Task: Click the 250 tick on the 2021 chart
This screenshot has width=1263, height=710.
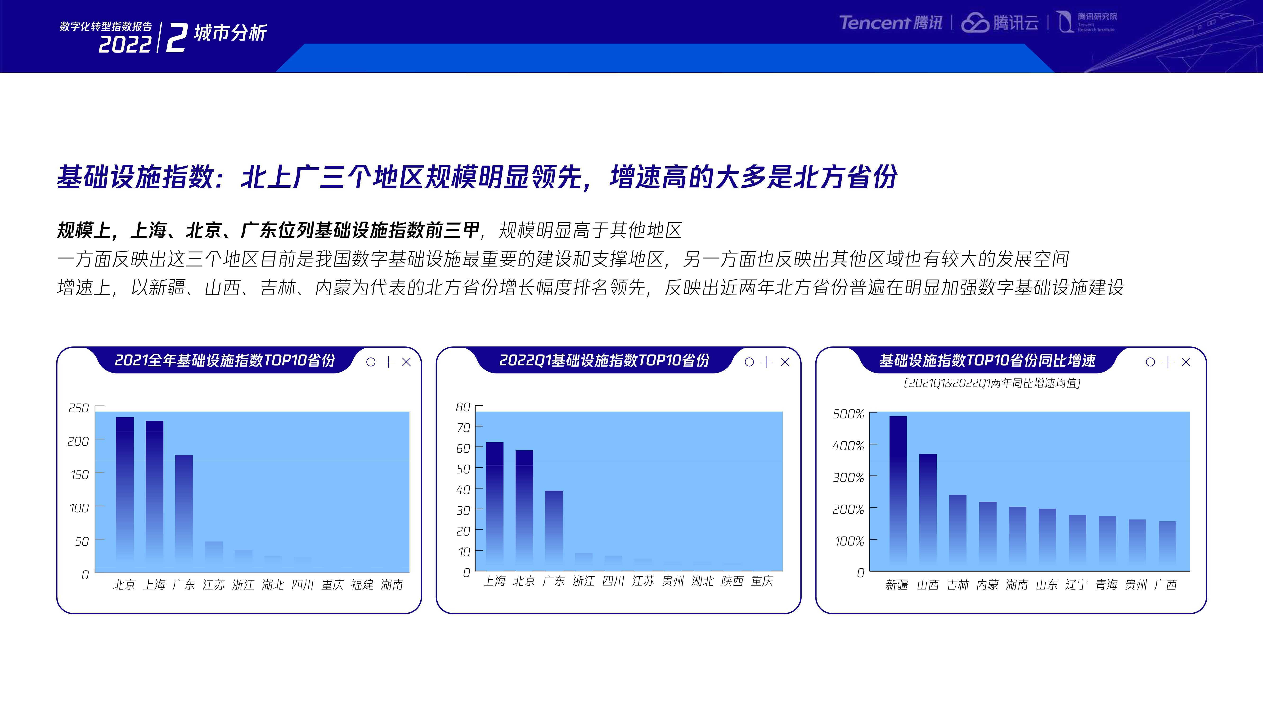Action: [78, 408]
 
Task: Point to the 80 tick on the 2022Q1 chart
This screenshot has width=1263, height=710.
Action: [463, 407]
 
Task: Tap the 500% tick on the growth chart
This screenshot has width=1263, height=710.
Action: [848, 414]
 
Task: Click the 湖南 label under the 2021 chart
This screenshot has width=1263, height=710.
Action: [392, 585]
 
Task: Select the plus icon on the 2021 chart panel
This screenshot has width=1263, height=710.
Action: [388, 362]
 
